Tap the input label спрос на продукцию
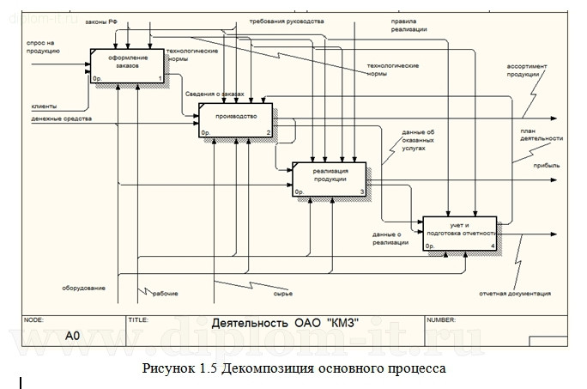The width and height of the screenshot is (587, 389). (43, 46)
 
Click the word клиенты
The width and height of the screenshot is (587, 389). (44, 106)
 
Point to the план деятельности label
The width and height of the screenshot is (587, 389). (541, 134)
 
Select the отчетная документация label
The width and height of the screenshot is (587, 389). (514, 295)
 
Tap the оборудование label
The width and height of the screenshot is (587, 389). (83, 288)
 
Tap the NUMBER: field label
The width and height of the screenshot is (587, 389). (445, 319)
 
